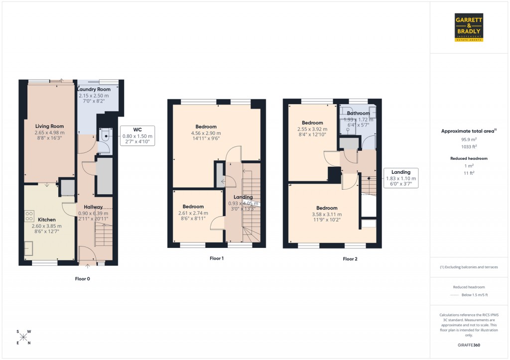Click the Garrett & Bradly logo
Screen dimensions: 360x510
(470, 27)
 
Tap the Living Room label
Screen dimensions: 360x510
(49, 126)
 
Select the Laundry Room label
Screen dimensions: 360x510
(94, 89)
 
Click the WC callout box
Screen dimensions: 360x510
(137, 136)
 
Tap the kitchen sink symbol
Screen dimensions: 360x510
(29, 247)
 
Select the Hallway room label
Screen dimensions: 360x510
(93, 207)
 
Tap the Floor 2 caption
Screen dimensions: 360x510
(350, 259)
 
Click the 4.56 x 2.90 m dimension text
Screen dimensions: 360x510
(206, 133)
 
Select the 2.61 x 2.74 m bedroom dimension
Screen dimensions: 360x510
(193, 213)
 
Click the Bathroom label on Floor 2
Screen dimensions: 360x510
(358, 114)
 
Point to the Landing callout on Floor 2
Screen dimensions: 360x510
(401, 178)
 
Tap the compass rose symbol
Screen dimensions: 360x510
(23, 337)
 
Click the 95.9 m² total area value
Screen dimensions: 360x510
(469, 140)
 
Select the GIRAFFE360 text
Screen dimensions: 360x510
(470, 345)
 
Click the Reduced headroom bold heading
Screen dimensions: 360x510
(470, 158)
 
